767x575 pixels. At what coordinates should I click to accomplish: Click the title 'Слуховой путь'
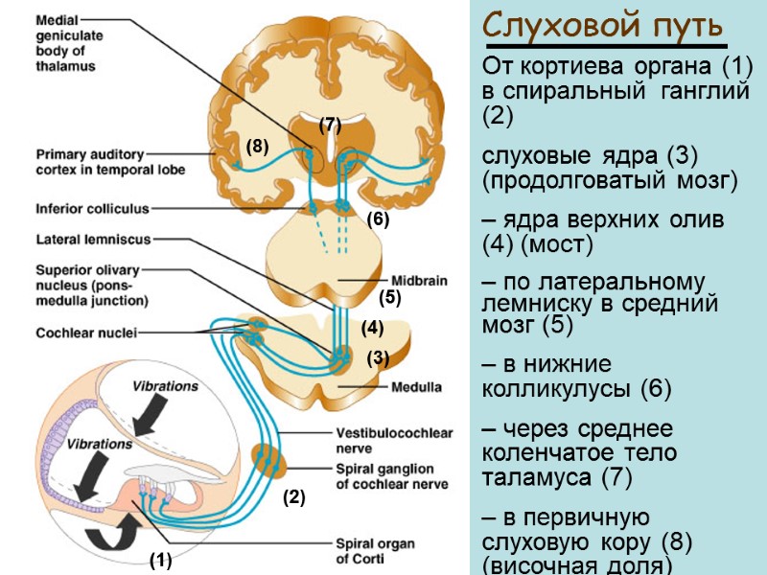point(603,25)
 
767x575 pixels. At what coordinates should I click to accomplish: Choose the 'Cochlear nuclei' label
point(86,333)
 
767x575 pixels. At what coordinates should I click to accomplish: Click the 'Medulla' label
point(416,387)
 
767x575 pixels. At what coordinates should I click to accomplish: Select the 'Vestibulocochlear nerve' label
point(394,440)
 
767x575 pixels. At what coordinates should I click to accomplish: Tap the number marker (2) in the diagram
point(292,498)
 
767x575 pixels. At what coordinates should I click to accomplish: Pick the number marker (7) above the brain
point(330,125)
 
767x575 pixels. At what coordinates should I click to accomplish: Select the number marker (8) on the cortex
point(257,147)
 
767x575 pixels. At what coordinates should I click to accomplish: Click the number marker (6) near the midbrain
point(378,218)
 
